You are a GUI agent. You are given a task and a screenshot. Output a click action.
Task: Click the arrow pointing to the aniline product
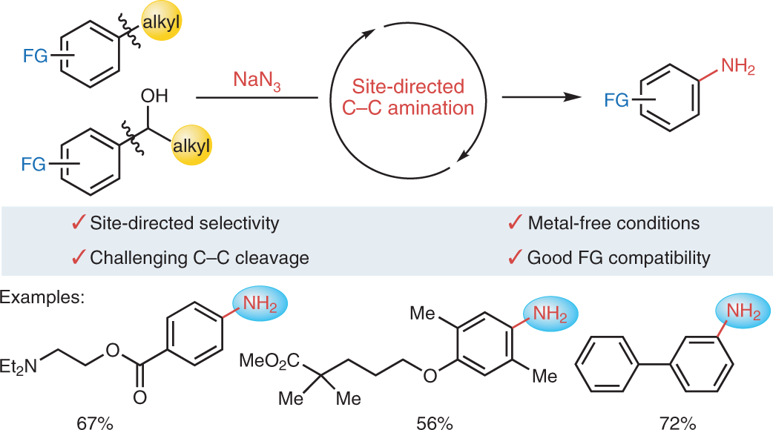[539, 97]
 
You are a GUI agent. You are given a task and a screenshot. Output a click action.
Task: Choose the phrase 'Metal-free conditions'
[614, 222]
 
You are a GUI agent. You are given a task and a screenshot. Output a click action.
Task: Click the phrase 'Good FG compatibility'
[619, 258]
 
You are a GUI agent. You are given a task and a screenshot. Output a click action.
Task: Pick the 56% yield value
[433, 423]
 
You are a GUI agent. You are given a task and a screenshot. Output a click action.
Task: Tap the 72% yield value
[677, 423]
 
